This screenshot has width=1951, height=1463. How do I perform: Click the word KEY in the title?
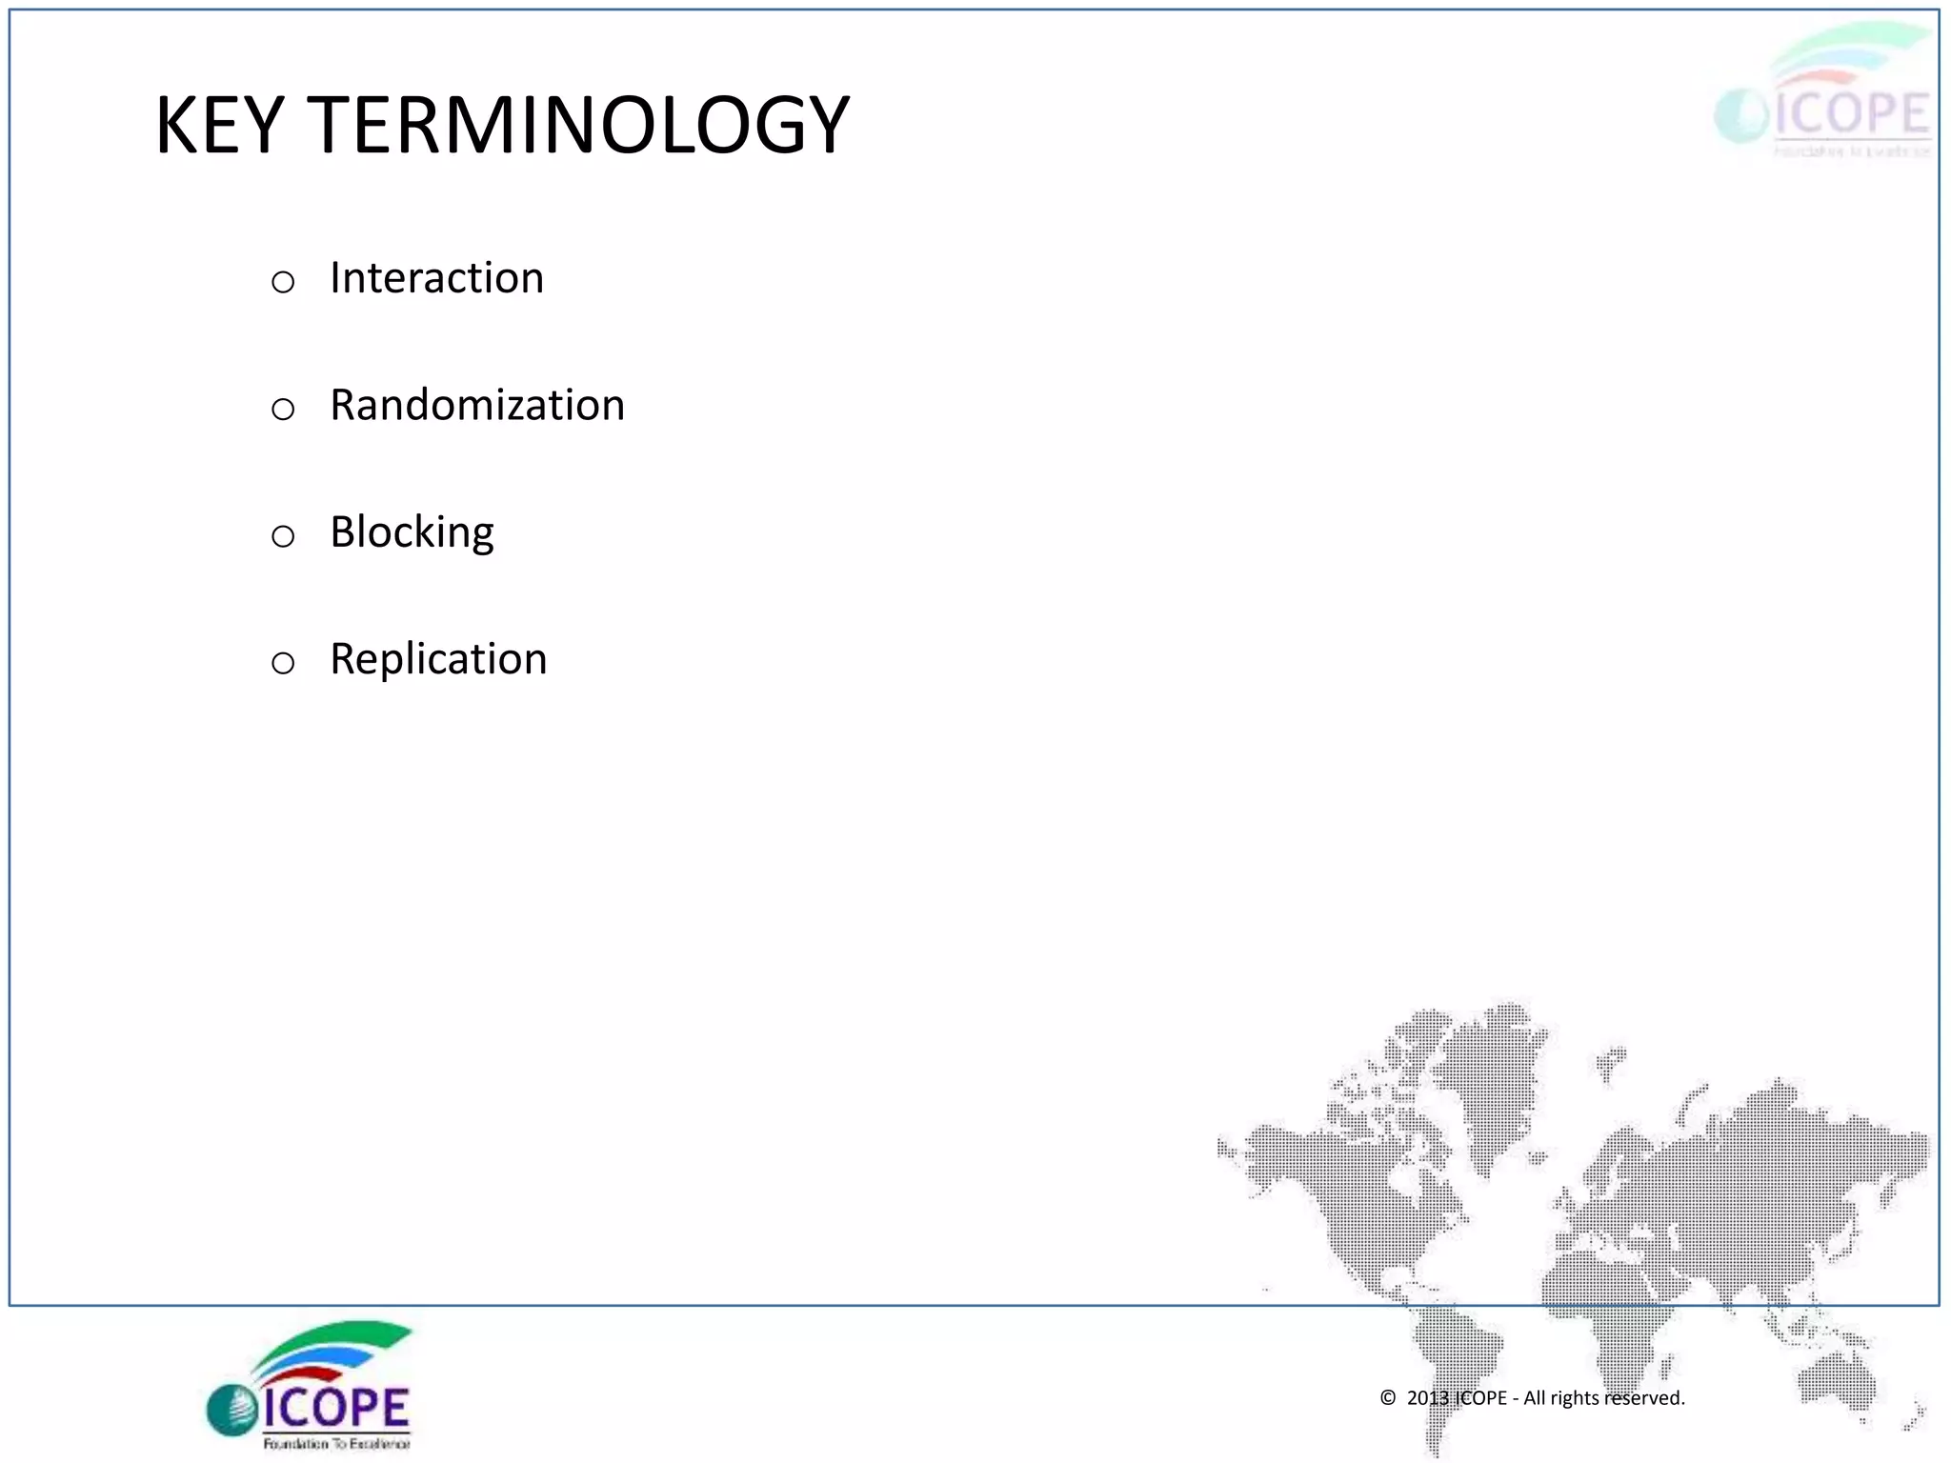(219, 125)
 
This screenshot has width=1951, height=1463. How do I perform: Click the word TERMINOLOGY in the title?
(578, 125)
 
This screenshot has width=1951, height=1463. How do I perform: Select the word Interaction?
(436, 278)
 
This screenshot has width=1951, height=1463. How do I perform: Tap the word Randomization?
(477, 405)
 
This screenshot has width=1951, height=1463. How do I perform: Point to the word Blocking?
(412, 532)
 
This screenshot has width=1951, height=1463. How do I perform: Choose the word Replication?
(438, 659)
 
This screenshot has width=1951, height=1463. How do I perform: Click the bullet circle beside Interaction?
(283, 282)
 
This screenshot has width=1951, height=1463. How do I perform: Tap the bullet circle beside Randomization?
(283, 410)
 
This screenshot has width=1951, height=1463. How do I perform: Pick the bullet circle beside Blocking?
(283, 536)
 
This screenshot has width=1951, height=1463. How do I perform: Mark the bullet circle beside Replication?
(283, 663)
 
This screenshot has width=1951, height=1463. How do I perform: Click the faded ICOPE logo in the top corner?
(1824, 95)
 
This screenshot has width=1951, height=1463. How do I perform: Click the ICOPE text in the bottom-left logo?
(335, 1408)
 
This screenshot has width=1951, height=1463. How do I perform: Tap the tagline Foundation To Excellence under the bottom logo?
(336, 1444)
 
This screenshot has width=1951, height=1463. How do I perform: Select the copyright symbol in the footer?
(1388, 1398)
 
